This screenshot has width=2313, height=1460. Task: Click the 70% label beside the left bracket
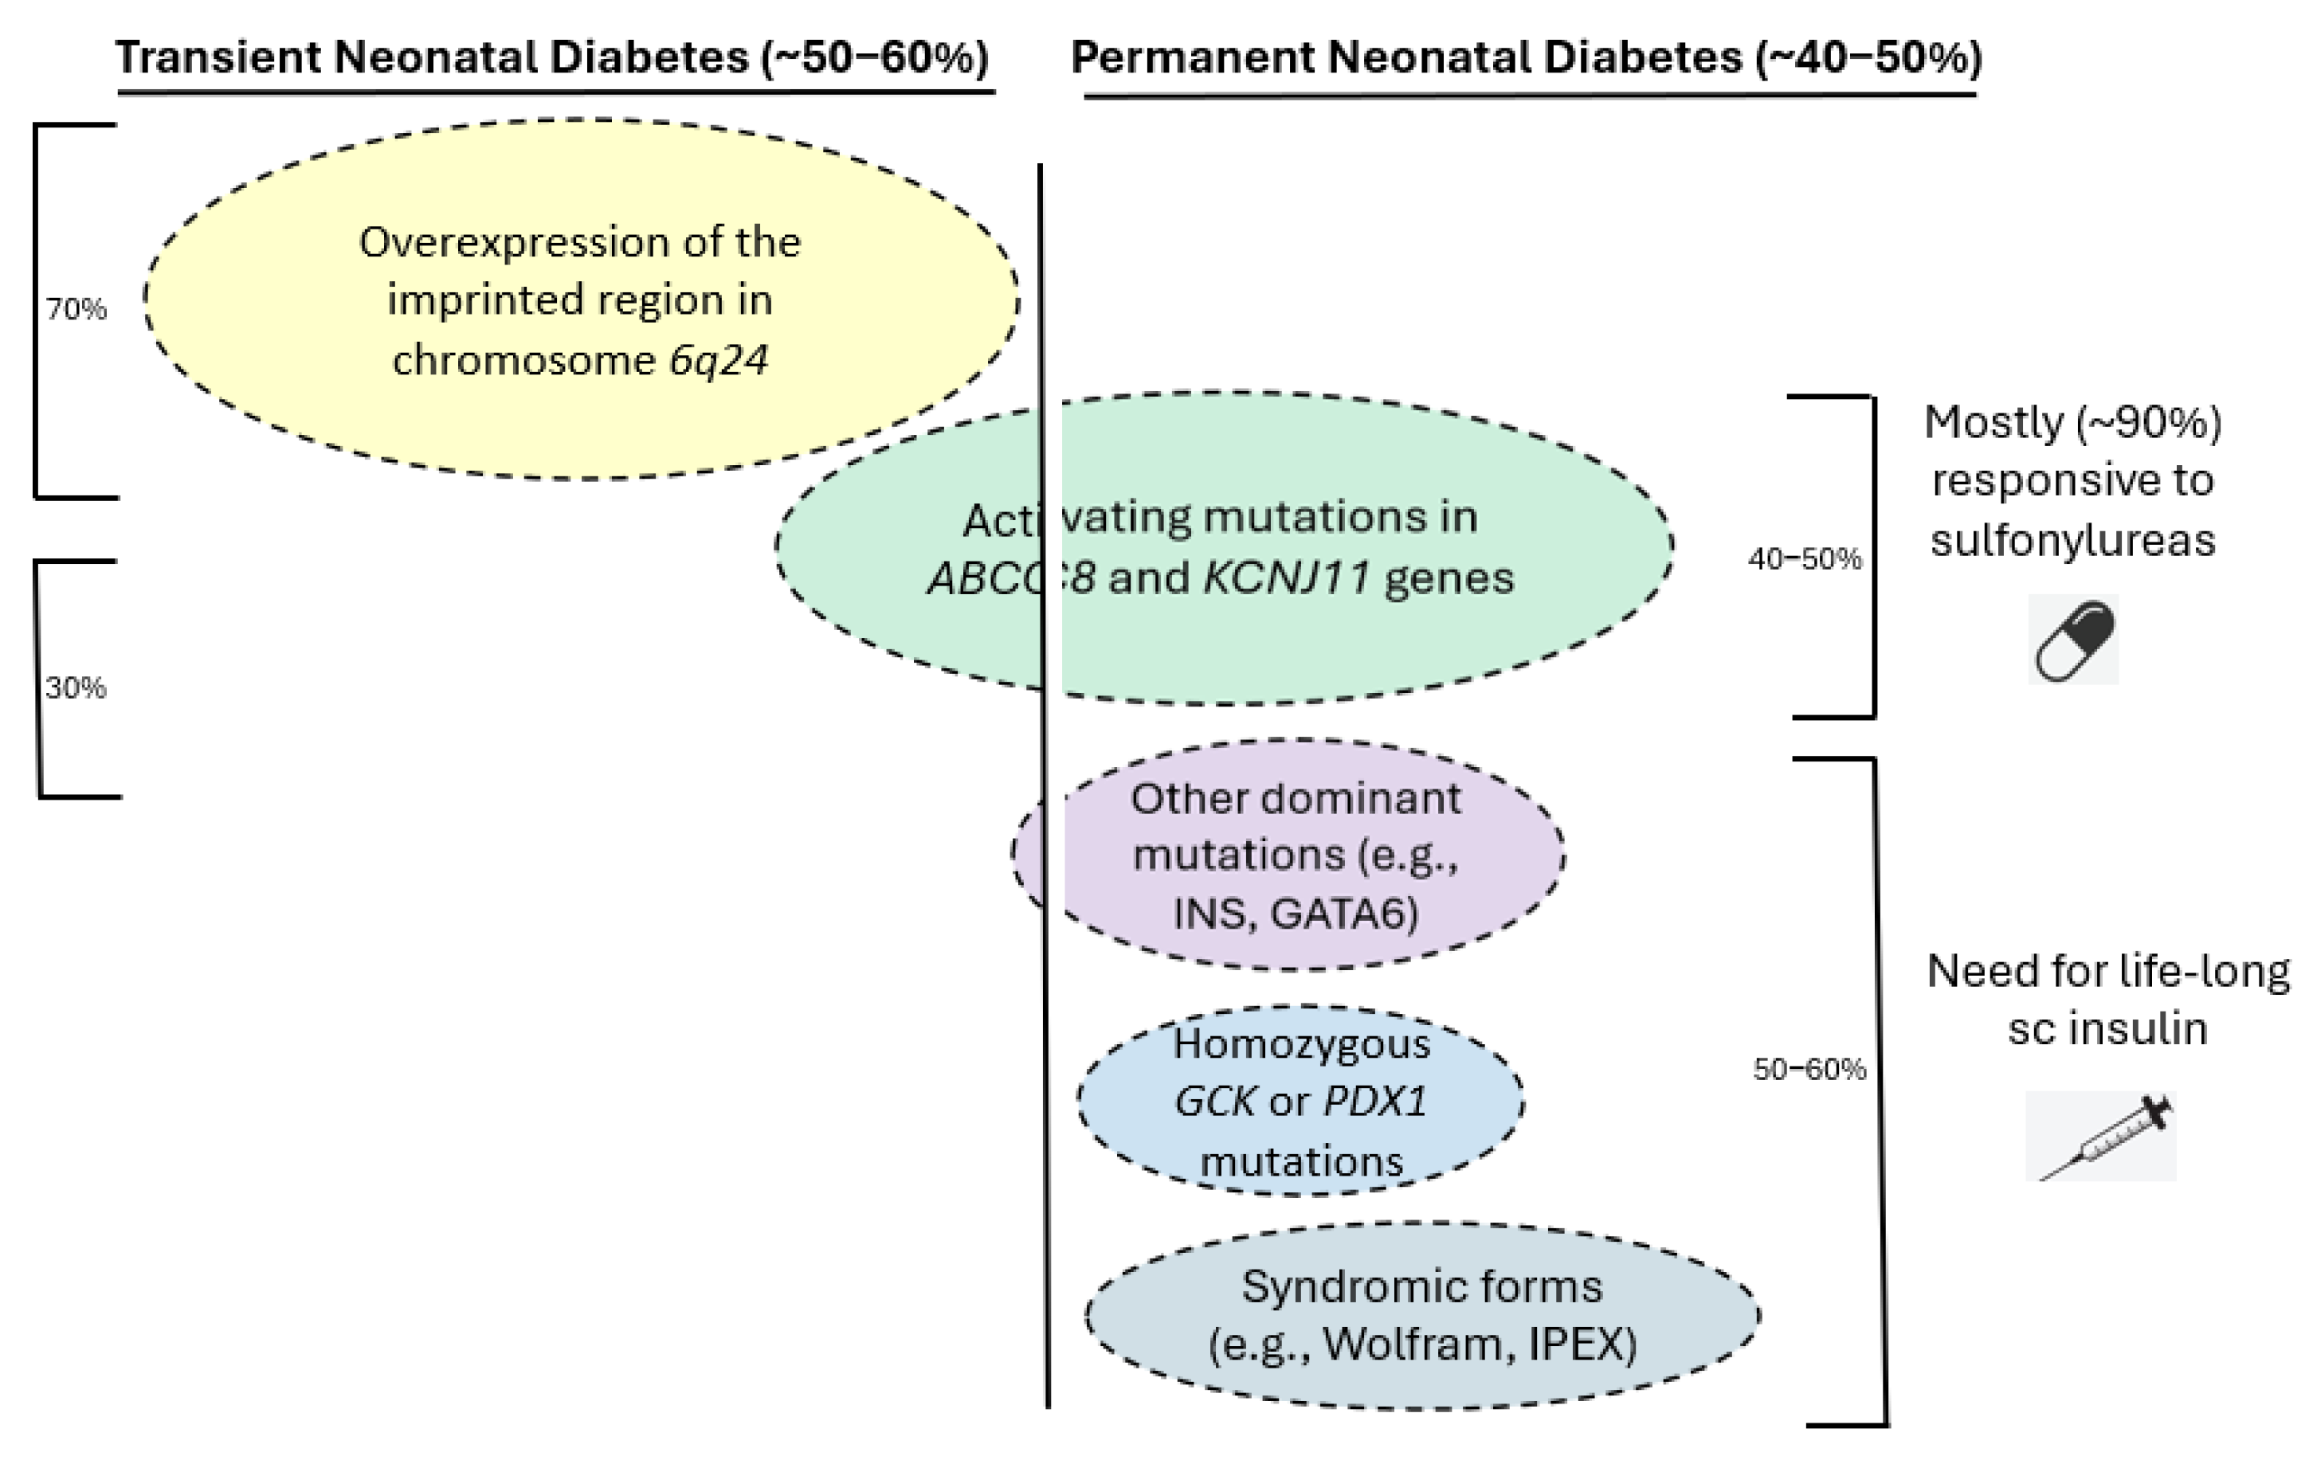coord(76,309)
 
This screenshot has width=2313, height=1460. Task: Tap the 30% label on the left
coord(75,687)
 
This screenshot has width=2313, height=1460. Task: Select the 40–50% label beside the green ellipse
coord(1804,559)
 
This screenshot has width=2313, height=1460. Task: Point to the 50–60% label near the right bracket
coord(1809,1069)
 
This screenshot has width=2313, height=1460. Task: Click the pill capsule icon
coord(2073,640)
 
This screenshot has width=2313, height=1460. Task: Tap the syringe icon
coord(2102,1137)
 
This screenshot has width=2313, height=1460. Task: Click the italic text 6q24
coord(719,360)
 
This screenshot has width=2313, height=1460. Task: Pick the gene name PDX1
coord(1374,1102)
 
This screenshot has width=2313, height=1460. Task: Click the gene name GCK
coord(1214,1102)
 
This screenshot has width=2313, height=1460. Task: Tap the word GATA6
coord(1344,914)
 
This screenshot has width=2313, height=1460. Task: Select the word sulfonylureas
coord(2073,540)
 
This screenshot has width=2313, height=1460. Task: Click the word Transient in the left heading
coord(218,57)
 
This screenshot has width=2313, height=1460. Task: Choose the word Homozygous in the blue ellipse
coord(1302,1043)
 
